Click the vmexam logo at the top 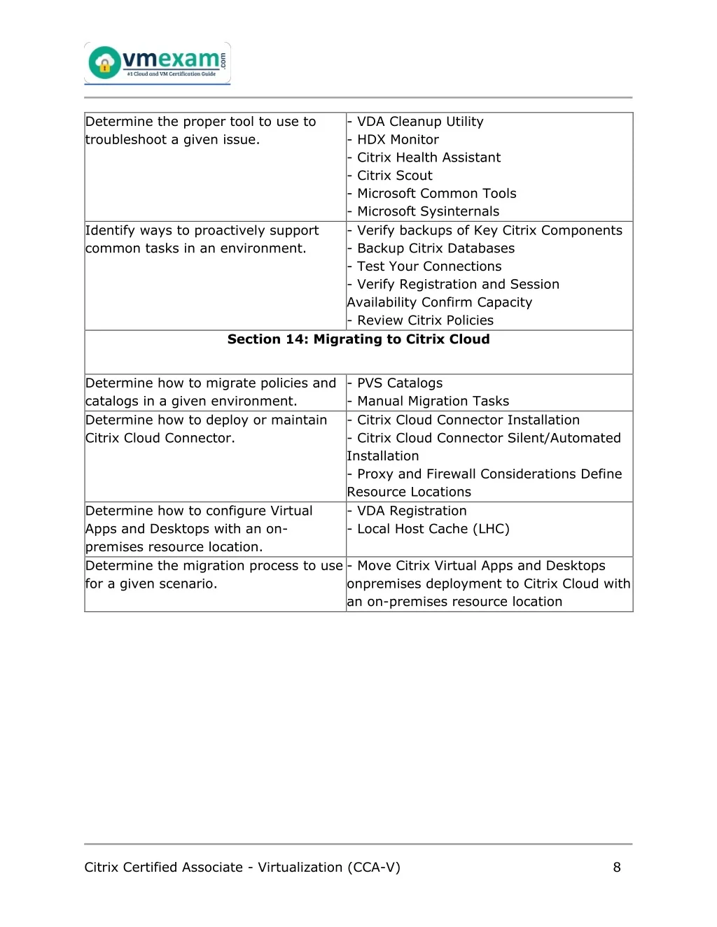158,64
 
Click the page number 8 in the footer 617,868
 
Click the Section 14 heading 358,339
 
